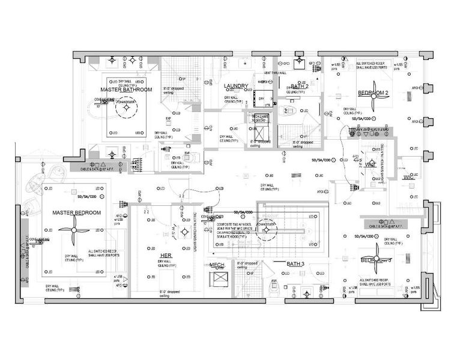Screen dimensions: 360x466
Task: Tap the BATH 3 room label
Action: click(x=295, y=264)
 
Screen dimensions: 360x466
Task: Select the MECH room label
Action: click(x=217, y=265)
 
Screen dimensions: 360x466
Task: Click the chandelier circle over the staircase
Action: click(x=265, y=230)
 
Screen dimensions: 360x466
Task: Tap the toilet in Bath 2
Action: click(x=289, y=110)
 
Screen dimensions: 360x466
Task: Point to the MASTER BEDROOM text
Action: click(x=76, y=213)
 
